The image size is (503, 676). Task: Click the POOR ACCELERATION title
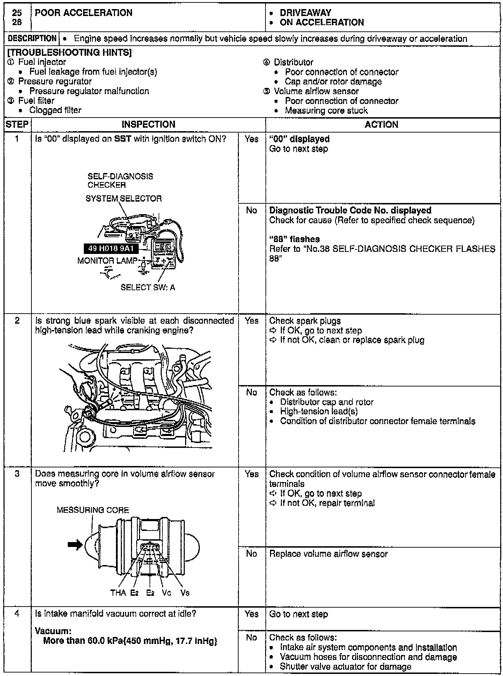point(84,13)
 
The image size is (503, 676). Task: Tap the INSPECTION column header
point(148,125)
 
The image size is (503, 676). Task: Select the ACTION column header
point(381,125)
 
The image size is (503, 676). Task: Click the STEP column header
point(17,125)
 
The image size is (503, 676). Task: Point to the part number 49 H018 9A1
point(111,249)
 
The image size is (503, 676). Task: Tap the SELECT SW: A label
point(148,287)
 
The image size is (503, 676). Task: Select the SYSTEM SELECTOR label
point(124,198)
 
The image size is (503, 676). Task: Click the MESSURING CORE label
point(93,510)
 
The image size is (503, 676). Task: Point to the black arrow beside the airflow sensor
point(75,544)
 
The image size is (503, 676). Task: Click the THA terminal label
point(118,593)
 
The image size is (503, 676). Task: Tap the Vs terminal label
point(185,593)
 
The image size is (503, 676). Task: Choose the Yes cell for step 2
point(251,321)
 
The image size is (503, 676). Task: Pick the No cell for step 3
point(251,554)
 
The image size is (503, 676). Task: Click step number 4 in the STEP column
point(17,614)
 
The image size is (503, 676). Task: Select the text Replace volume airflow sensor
point(328,554)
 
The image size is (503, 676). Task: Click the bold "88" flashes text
point(294,239)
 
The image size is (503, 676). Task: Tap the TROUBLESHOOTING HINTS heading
point(70,53)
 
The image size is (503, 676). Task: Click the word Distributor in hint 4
point(293,62)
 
